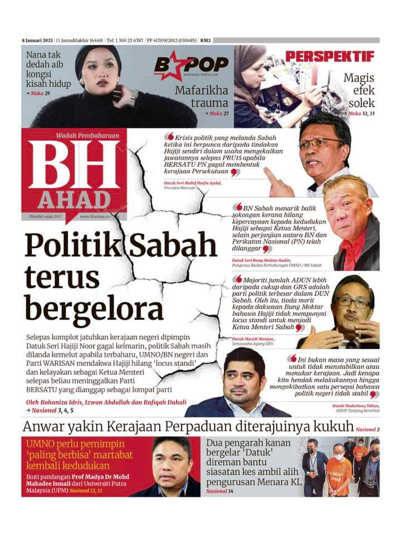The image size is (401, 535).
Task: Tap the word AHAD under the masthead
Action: pyautogui.click(x=75, y=200)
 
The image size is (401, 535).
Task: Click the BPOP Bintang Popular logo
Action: pyautogui.click(x=191, y=66)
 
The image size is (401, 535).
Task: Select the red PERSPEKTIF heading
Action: pyautogui.click(x=330, y=57)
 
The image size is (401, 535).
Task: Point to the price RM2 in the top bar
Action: pyautogui.click(x=206, y=41)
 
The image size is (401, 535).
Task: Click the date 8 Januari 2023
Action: pyautogui.click(x=37, y=41)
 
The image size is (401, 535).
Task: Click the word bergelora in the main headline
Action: pyautogui.click(x=94, y=307)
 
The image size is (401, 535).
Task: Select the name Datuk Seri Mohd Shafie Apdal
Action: pyautogui.click(x=193, y=183)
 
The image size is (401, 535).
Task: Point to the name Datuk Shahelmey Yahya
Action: pyautogui.click(x=356, y=405)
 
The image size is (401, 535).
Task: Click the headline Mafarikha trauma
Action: pyautogui.click(x=202, y=96)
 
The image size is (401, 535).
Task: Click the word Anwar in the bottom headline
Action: pyautogui.click(x=45, y=427)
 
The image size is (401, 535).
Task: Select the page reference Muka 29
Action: pyautogui.click(x=40, y=93)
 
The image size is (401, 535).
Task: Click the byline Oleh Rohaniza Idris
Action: pyautogui.click(x=55, y=402)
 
